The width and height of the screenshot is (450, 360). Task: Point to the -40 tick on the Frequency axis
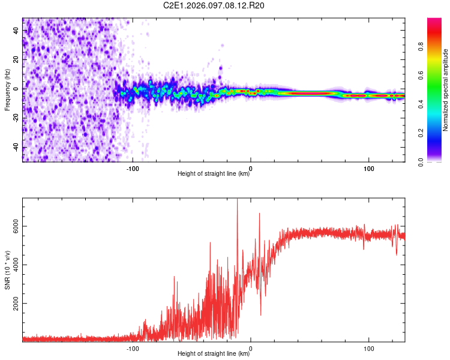point(16,148)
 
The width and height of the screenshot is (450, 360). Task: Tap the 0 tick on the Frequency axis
point(16,89)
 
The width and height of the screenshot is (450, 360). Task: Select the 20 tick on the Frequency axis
point(16,59)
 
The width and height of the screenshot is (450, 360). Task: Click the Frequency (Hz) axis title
point(7,90)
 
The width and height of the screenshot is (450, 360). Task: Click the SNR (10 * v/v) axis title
point(7,270)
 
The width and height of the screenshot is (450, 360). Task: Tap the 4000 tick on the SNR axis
point(16,265)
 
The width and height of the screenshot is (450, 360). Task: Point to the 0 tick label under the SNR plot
point(250,347)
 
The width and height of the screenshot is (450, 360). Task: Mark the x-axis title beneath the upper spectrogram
point(214,174)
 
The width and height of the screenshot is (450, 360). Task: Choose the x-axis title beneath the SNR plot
point(214,354)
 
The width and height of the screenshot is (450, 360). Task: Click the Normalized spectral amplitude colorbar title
point(445,90)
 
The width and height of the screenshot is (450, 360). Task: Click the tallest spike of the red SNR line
point(237,200)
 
